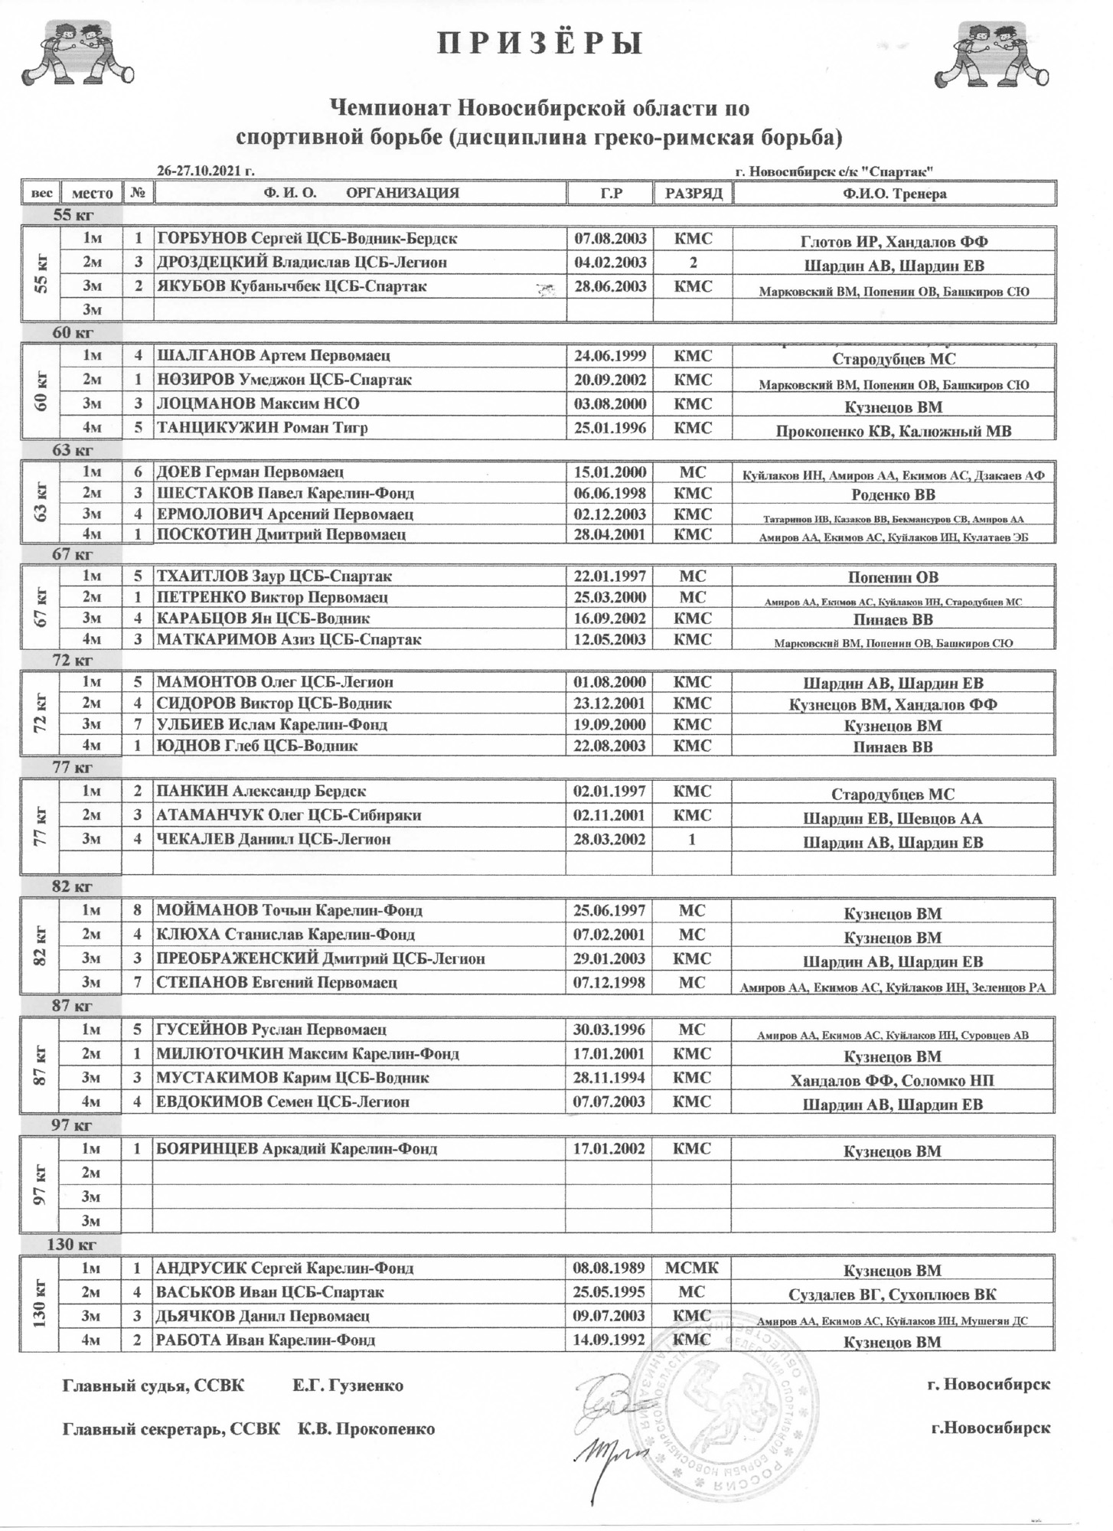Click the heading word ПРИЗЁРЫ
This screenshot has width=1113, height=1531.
click(x=540, y=44)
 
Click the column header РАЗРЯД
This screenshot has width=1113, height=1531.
click(x=693, y=194)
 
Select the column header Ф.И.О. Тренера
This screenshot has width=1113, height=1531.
click(x=894, y=194)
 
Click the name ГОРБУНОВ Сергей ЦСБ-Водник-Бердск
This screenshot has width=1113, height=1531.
click(x=307, y=239)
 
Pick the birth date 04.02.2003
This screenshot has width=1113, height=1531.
click(x=610, y=263)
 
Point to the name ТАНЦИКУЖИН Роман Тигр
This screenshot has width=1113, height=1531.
click(x=262, y=428)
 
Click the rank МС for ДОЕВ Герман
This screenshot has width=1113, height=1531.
click(x=692, y=472)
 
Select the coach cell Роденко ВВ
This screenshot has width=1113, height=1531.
click(x=893, y=494)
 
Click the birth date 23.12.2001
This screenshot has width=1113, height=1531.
click(x=610, y=703)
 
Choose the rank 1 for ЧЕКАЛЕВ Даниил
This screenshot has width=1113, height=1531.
click(x=692, y=839)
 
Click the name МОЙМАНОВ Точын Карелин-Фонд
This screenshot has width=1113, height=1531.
click(x=289, y=911)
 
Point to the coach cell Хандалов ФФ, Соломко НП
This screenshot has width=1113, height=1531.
click(x=893, y=1081)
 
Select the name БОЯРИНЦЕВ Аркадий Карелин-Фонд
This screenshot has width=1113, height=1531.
click(x=297, y=1149)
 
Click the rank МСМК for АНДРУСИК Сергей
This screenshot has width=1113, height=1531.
click(x=692, y=1268)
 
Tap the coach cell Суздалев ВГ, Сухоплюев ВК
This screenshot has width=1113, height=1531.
click(x=893, y=1294)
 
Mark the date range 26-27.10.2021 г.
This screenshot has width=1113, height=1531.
click(x=205, y=171)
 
